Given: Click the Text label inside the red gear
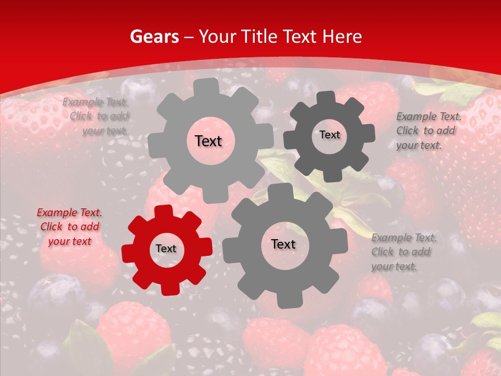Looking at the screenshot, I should (166, 249).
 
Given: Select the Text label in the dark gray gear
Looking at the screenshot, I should (329, 135).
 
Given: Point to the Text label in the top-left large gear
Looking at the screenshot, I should (208, 141).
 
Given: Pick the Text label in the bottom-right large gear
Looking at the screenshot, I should (283, 244).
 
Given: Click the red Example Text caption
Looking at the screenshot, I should (69, 227).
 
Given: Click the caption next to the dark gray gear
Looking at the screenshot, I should (428, 131).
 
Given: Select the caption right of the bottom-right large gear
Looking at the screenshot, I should (403, 252).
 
